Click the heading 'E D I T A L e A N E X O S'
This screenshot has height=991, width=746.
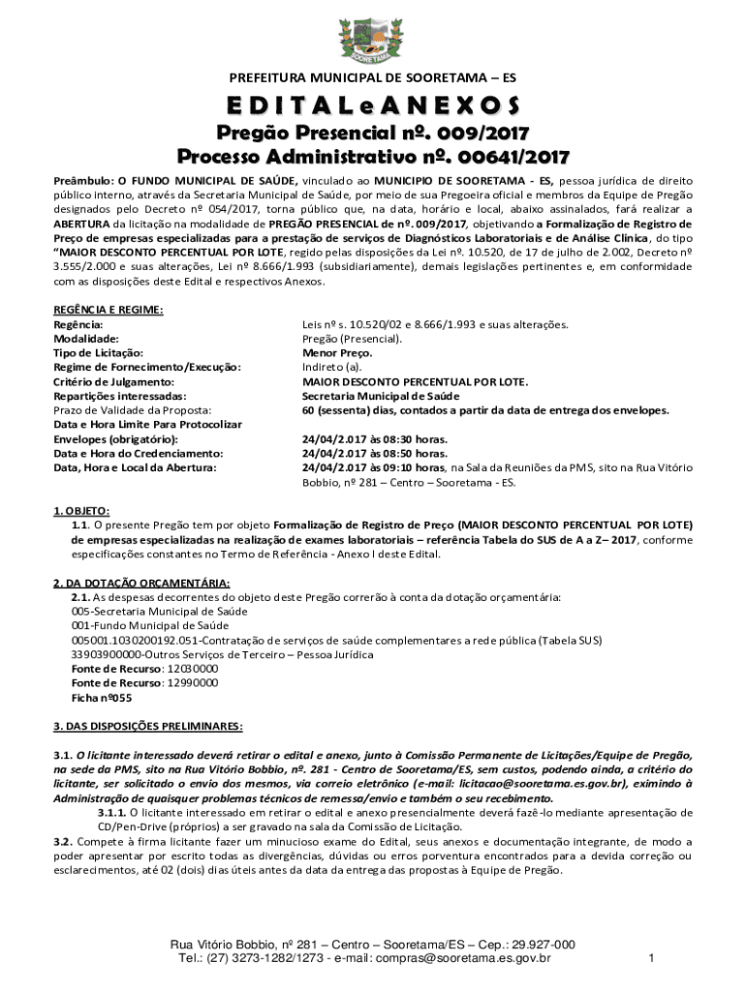point(373,105)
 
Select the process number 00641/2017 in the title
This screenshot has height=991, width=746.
point(505,156)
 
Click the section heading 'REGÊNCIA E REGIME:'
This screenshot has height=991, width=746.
point(109,310)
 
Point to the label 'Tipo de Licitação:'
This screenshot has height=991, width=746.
point(98,353)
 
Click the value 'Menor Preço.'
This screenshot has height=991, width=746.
point(337,353)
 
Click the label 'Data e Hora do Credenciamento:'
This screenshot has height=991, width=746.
point(139,453)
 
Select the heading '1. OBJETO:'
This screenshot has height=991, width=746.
point(81,510)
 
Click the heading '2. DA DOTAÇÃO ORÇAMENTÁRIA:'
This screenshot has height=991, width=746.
point(141,583)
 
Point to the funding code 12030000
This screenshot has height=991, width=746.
point(193,669)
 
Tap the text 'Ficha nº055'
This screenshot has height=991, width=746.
point(102,697)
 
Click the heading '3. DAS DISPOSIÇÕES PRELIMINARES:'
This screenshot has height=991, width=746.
point(148,726)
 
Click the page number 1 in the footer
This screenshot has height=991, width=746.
point(652,959)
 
